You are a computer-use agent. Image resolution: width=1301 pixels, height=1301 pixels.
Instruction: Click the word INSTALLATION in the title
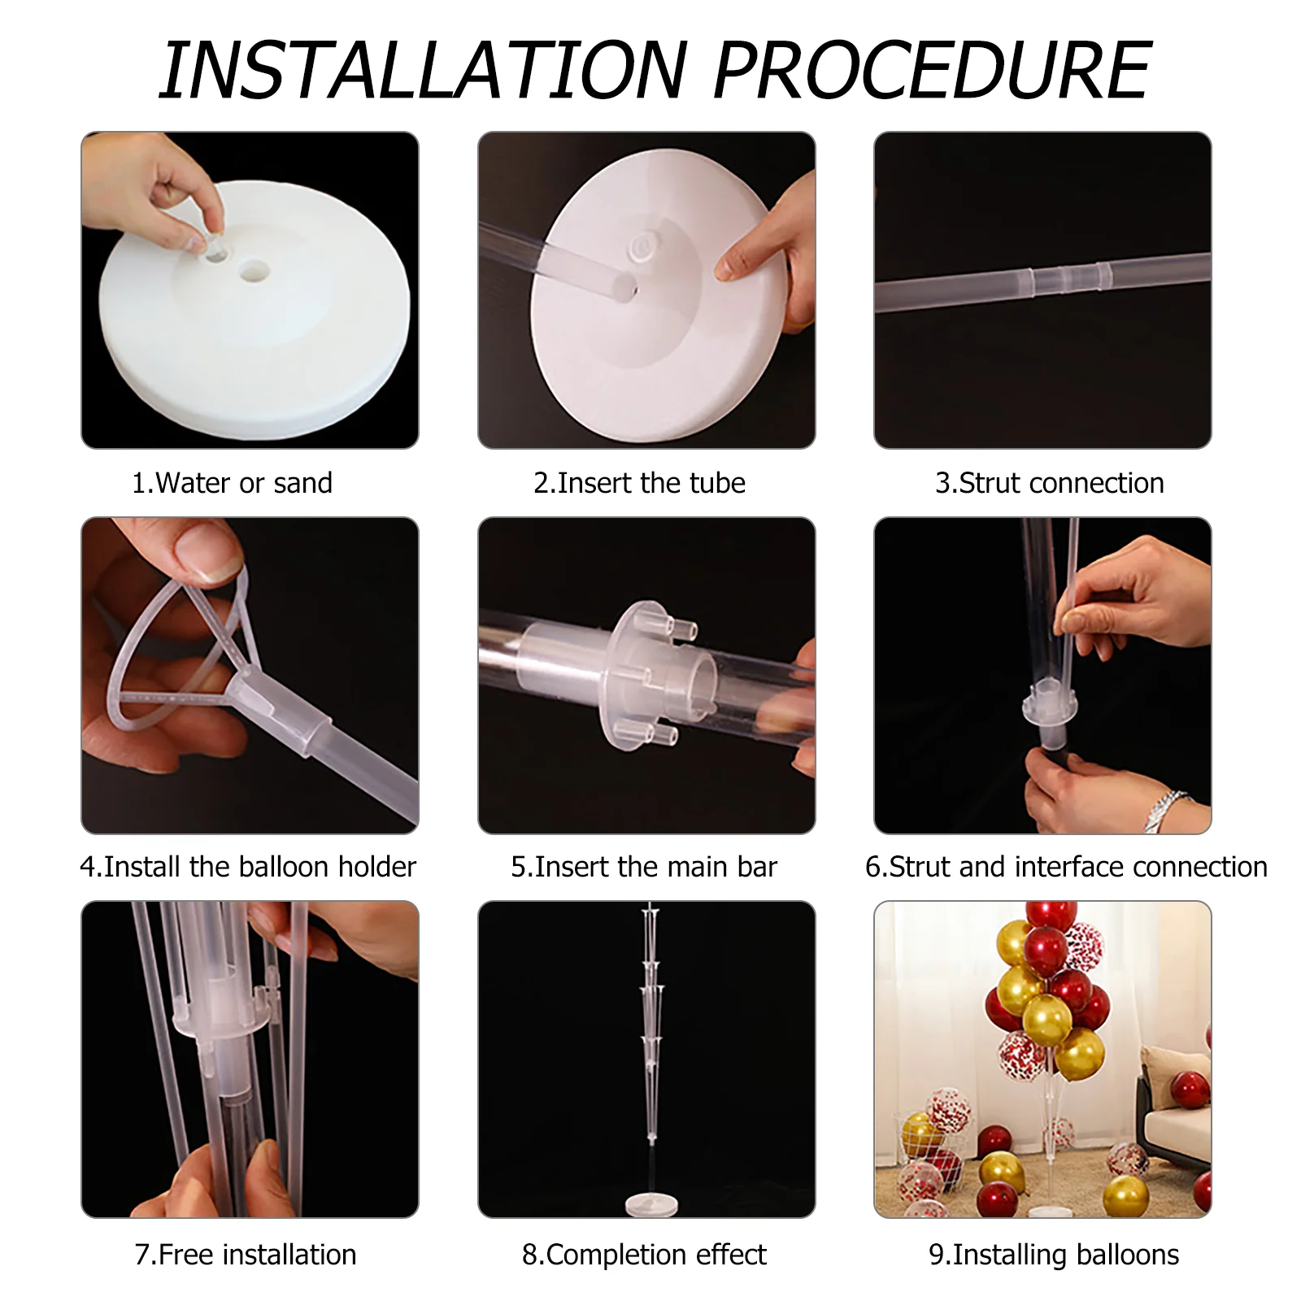click(424, 71)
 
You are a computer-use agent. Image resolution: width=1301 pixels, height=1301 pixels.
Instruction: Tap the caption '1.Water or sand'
click(233, 483)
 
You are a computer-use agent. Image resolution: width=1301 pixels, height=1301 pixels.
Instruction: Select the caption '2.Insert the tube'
click(639, 483)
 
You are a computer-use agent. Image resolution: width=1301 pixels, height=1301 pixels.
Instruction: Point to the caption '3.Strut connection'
click(1049, 483)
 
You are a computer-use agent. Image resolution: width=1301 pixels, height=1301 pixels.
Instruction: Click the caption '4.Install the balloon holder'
click(248, 867)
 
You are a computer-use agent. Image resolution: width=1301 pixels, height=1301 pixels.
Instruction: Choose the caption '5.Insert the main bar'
click(644, 867)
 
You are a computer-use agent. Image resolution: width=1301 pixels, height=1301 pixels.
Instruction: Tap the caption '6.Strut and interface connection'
click(1066, 867)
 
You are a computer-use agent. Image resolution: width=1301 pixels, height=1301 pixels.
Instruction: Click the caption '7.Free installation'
click(246, 1255)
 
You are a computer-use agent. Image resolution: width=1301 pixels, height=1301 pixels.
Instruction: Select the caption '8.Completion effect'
click(644, 1255)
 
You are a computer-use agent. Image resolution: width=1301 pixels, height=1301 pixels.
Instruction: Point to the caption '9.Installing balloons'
click(1054, 1255)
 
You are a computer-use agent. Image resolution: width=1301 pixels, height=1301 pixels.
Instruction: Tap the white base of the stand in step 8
click(647, 1203)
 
